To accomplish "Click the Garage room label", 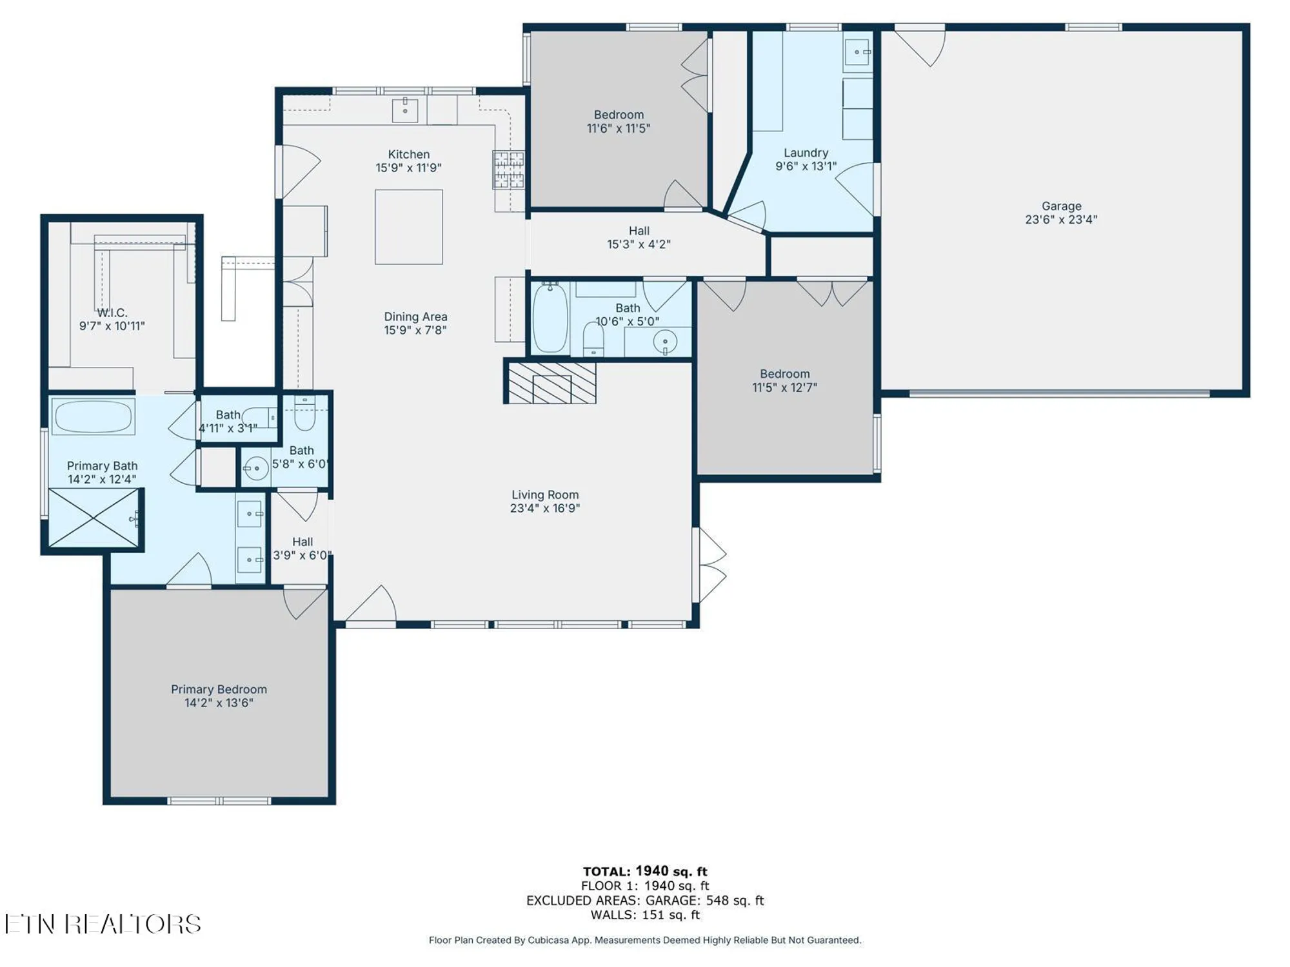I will click(1061, 206).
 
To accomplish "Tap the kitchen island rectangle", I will click(409, 227).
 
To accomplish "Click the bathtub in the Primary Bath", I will click(94, 416).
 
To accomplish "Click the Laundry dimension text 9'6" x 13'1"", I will click(806, 166).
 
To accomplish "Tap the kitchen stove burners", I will click(509, 170).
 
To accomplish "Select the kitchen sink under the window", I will click(405, 110).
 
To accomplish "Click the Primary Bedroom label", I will click(219, 689).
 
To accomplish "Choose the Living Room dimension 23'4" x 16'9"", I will click(545, 508).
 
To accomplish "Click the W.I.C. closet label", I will click(112, 313).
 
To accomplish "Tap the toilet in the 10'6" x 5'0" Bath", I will click(593, 338).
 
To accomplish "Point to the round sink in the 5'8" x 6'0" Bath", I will click(256, 468).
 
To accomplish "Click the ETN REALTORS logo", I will click(103, 924).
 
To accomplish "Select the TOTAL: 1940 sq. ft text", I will click(645, 872).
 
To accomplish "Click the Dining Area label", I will click(415, 317).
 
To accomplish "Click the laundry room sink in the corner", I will click(857, 52).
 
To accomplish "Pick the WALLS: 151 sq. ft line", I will click(645, 915).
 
